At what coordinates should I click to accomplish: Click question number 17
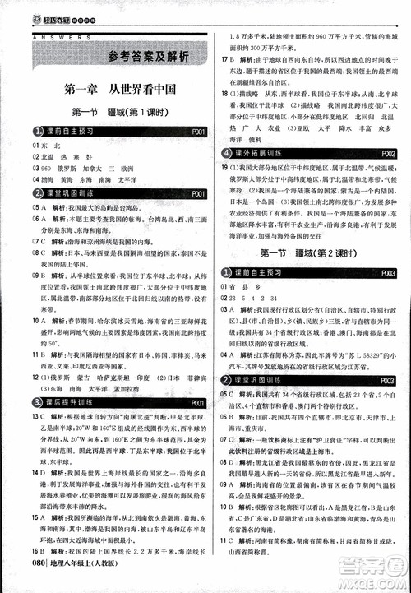tap(224, 60)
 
